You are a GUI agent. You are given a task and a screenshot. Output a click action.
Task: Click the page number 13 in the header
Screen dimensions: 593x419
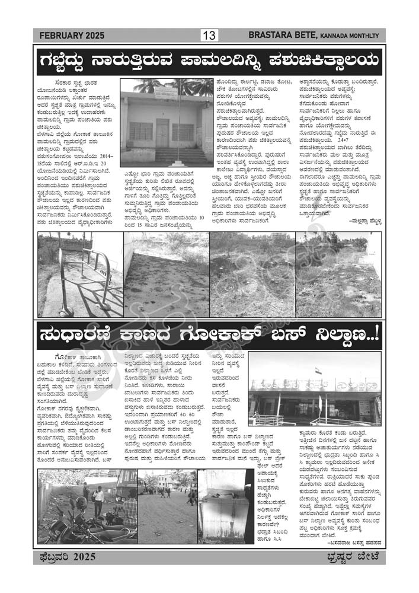click(209, 36)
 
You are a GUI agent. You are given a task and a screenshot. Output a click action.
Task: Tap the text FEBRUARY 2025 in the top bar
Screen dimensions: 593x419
click(71, 36)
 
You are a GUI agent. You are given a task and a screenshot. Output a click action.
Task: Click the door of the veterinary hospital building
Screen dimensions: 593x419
click(162, 133)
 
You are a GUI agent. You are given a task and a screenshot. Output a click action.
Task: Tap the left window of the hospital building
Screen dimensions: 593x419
click(141, 131)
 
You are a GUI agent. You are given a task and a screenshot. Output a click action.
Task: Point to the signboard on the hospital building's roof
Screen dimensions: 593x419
click(167, 93)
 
